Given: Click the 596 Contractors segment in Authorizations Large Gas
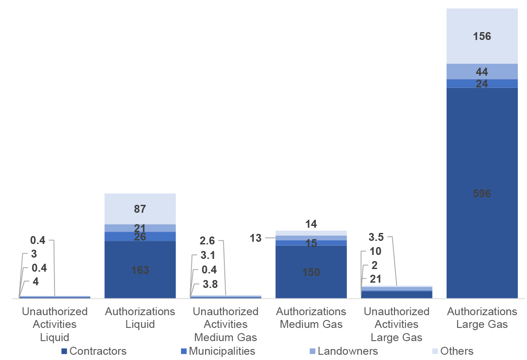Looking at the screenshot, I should (x=482, y=193).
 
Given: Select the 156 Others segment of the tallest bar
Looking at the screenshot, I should (x=482, y=36).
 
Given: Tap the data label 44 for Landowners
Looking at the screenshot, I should (x=482, y=72).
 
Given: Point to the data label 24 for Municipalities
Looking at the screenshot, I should (x=482, y=84).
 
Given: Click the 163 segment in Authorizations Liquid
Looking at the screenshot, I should (x=140, y=270).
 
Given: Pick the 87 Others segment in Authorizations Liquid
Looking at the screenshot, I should (x=140, y=209).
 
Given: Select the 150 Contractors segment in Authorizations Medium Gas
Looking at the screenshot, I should (x=311, y=272).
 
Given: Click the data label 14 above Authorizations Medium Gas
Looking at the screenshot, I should (x=311, y=224).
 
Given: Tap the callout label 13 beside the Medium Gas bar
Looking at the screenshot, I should (x=255, y=238).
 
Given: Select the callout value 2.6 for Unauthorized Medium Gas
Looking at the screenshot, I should (x=207, y=241).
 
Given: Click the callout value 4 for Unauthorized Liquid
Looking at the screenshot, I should (x=36, y=282).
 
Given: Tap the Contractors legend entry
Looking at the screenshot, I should (x=94, y=351).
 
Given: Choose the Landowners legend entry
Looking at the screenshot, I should (x=343, y=351).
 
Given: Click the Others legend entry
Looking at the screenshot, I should (x=452, y=351).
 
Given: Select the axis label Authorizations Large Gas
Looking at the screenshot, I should (x=482, y=318).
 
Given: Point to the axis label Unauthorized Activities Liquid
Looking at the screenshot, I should (x=55, y=324).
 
